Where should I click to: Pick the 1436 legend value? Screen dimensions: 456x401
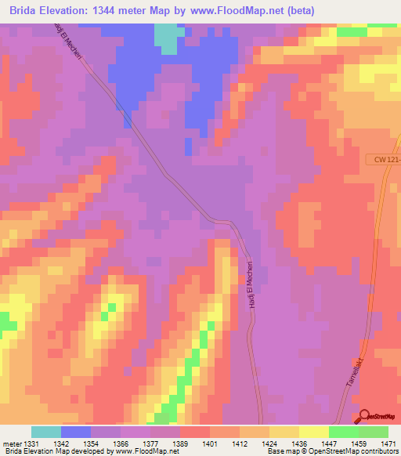pos(298,443)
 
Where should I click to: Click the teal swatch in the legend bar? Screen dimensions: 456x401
pos(46,432)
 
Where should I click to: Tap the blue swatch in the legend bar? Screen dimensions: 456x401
pos(76,432)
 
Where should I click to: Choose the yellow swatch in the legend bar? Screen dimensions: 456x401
pos(314,432)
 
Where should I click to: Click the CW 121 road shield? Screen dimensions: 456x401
pos(382,160)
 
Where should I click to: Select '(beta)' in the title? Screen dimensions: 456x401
pos(315,10)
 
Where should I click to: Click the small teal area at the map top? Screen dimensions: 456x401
pos(165,38)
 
